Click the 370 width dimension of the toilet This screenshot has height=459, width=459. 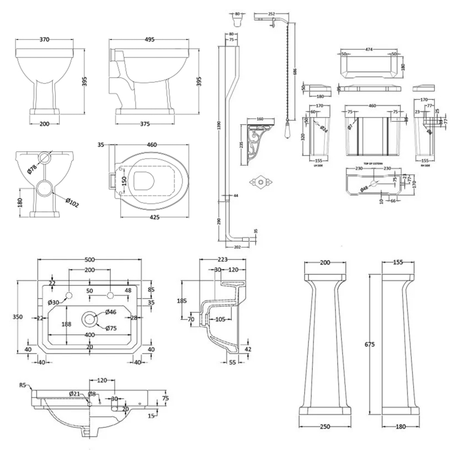(44, 40)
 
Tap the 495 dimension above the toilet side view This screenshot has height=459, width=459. (150, 40)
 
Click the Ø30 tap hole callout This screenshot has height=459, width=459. (53, 302)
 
